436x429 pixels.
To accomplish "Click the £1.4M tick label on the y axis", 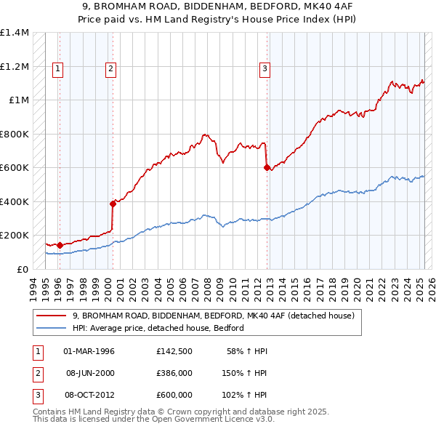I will click(x=15, y=33).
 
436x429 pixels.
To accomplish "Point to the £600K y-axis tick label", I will click(x=15, y=168).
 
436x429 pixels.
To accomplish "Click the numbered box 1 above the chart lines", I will click(x=57, y=69).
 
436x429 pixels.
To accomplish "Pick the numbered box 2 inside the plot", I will click(x=110, y=69).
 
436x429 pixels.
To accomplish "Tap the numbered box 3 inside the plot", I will click(x=265, y=69).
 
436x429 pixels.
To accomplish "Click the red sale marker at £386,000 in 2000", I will click(x=113, y=204).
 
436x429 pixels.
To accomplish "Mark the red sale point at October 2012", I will click(x=266, y=167).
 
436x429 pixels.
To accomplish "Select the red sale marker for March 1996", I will click(x=60, y=245).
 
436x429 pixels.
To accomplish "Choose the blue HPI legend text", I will click(x=158, y=328).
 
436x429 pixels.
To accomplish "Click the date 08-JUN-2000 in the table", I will click(x=90, y=373).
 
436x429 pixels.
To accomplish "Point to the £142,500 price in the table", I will click(x=174, y=351).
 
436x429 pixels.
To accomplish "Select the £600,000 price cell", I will click(x=174, y=395).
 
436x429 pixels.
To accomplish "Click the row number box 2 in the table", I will click(x=36, y=373).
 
